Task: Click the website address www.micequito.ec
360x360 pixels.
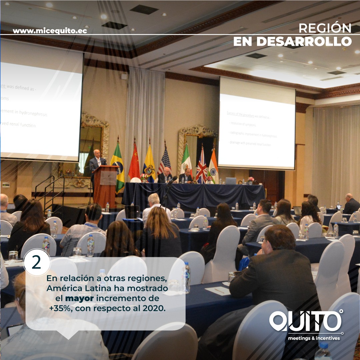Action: click(50, 31)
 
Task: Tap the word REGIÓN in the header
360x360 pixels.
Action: click(325, 28)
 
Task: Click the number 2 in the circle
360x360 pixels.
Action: click(36, 263)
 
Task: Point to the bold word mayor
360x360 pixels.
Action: click(79, 297)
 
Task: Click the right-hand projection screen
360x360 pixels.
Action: click(257, 127)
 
